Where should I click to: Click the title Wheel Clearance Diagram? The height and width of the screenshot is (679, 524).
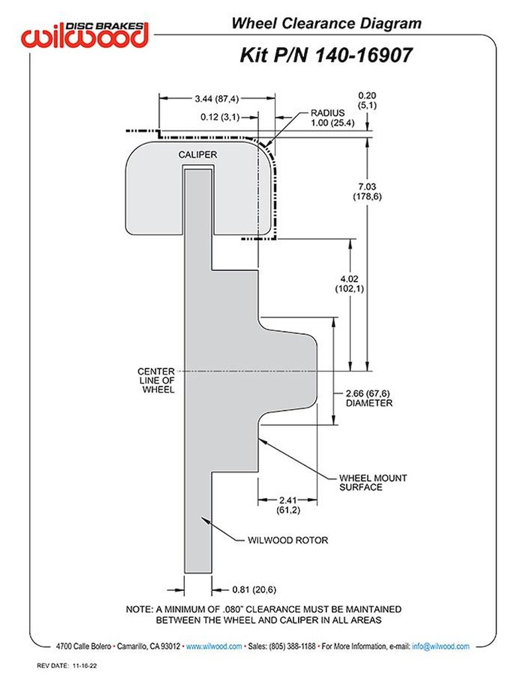click(326, 24)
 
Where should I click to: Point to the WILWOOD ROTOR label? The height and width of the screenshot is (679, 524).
click(288, 540)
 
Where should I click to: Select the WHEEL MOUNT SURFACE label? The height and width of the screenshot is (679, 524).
click(373, 482)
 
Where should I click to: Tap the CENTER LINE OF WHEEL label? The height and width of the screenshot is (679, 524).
click(156, 381)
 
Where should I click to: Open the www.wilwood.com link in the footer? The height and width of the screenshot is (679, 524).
click(213, 646)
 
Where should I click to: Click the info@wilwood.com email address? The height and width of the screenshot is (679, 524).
click(441, 646)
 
